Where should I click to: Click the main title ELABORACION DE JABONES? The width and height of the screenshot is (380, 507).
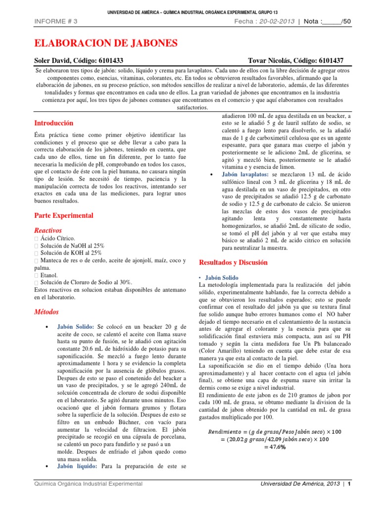tap(105, 44)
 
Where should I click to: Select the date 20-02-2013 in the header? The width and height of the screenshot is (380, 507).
tap(280, 21)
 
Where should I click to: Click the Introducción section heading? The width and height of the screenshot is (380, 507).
tap(53, 123)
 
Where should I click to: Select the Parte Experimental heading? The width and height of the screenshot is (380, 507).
tap(63, 215)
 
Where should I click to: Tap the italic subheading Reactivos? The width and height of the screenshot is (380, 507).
tap(48, 230)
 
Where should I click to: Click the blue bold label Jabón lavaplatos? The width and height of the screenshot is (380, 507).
tap(245, 175)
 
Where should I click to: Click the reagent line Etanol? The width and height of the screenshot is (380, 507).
tap(48, 275)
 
